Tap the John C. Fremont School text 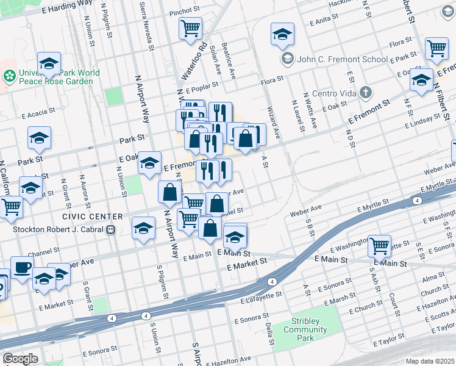click(x=342, y=59)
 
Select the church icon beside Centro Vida click(x=365, y=93)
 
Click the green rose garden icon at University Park click(x=10, y=76)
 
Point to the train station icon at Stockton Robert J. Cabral click(x=111, y=230)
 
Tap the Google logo click(x=20, y=359)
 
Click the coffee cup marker click(x=22, y=267)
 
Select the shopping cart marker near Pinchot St click(x=191, y=27)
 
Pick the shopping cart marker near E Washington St click(x=379, y=246)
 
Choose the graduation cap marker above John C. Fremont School click(x=282, y=34)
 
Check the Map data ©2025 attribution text click(x=430, y=361)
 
